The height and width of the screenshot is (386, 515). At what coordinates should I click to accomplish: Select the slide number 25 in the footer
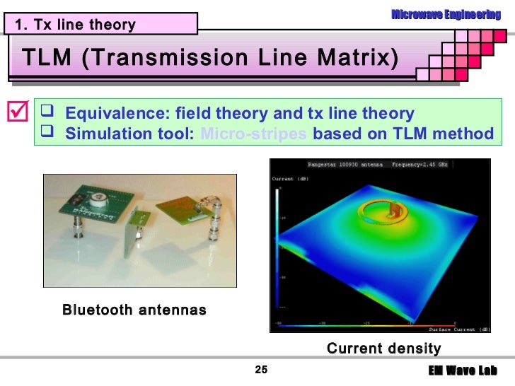[x=261, y=371]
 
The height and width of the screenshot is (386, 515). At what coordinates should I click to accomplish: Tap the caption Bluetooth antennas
[x=134, y=310]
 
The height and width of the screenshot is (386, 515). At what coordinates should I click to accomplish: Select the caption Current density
[x=383, y=348]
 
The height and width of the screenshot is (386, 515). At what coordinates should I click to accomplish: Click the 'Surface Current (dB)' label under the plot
[x=459, y=329]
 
